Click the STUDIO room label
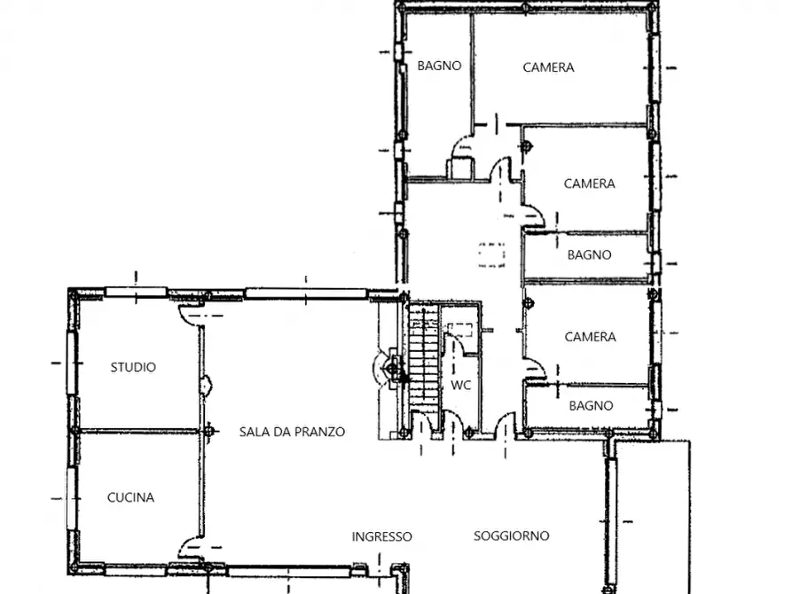[133, 367]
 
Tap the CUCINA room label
[131, 498]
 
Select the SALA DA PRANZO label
[292, 432]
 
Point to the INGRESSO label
[381, 536]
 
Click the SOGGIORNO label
[511, 535]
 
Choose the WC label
[461, 386]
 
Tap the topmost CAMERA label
[548, 67]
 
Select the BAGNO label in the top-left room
[439, 66]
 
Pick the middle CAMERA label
[590, 184]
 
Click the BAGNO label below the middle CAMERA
[590, 254]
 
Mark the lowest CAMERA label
[590, 337]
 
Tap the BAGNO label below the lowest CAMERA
[591, 405]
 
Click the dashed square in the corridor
[491, 254]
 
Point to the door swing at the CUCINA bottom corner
[190, 548]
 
